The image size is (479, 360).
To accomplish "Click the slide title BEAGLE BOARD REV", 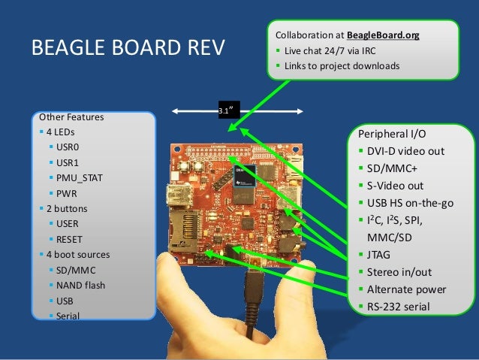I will tap(128, 50).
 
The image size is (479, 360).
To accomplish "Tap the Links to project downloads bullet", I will tap(341, 65).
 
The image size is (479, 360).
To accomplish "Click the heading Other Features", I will tap(71, 117).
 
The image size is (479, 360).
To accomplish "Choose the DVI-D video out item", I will tap(406, 151).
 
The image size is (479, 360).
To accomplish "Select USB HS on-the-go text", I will tap(410, 203).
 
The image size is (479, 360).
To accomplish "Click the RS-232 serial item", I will tap(399, 306).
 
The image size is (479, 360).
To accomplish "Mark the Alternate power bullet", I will tap(406, 289).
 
